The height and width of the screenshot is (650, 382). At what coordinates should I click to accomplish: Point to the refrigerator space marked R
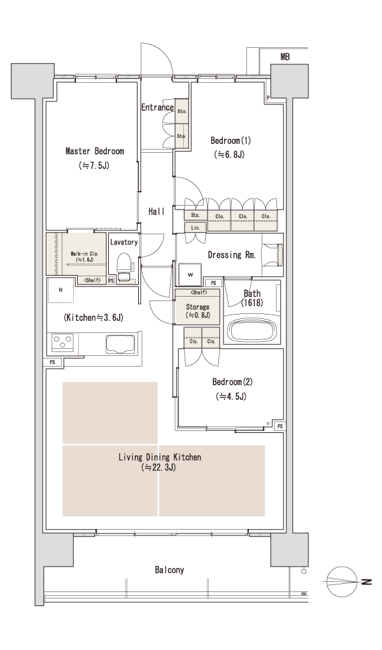click(x=60, y=290)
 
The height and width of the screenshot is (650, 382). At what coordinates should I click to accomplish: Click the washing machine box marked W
click(x=190, y=275)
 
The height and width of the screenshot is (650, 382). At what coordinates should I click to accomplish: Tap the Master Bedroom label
click(x=95, y=152)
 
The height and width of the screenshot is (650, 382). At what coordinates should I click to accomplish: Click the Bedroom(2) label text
click(x=232, y=382)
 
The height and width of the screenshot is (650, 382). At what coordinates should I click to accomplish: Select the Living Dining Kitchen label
click(x=160, y=457)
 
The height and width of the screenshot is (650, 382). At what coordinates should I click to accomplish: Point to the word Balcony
click(x=169, y=570)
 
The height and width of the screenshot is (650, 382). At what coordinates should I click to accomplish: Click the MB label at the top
click(x=285, y=57)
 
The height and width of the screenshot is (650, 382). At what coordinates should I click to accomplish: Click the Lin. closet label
click(x=195, y=228)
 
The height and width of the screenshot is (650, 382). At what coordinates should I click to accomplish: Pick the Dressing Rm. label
click(x=232, y=255)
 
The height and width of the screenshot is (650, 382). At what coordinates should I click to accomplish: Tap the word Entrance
click(x=157, y=108)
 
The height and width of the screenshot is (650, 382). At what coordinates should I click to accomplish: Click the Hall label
click(x=157, y=211)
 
